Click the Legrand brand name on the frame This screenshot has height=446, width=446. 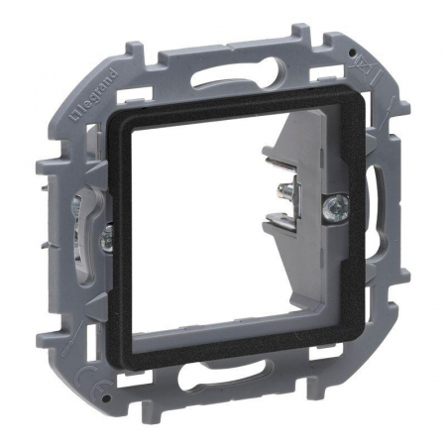coord(93,95)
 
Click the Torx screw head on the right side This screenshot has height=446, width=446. coord(336,208)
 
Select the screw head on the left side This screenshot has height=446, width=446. coord(108,235)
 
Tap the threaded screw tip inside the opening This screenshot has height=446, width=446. coord(286,192)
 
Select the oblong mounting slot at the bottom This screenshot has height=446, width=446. coord(226,374)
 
